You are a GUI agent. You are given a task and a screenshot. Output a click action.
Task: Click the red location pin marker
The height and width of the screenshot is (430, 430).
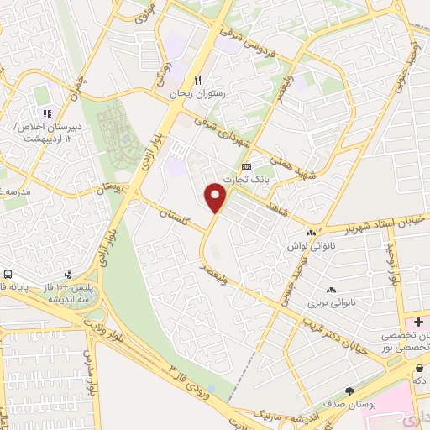click(217, 197)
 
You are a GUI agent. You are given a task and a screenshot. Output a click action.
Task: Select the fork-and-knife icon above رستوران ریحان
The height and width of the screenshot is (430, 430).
click(198, 80)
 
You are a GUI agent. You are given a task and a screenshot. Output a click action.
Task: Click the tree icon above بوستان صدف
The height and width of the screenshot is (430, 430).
click(349, 391)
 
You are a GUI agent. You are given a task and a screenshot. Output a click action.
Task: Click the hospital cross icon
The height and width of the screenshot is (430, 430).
click(418, 322)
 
